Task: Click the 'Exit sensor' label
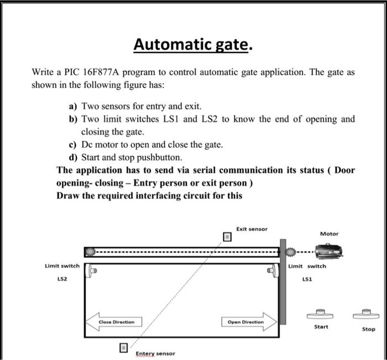click(x=252, y=229)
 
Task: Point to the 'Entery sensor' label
click(x=155, y=353)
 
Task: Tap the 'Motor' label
click(x=329, y=234)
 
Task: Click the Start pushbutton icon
click(x=321, y=314)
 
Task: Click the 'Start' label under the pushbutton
click(x=321, y=327)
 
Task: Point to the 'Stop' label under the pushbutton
click(x=368, y=329)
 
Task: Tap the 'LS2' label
click(x=62, y=280)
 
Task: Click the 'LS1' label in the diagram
click(x=307, y=279)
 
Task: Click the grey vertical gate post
click(x=283, y=282)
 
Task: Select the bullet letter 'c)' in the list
click(x=72, y=145)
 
